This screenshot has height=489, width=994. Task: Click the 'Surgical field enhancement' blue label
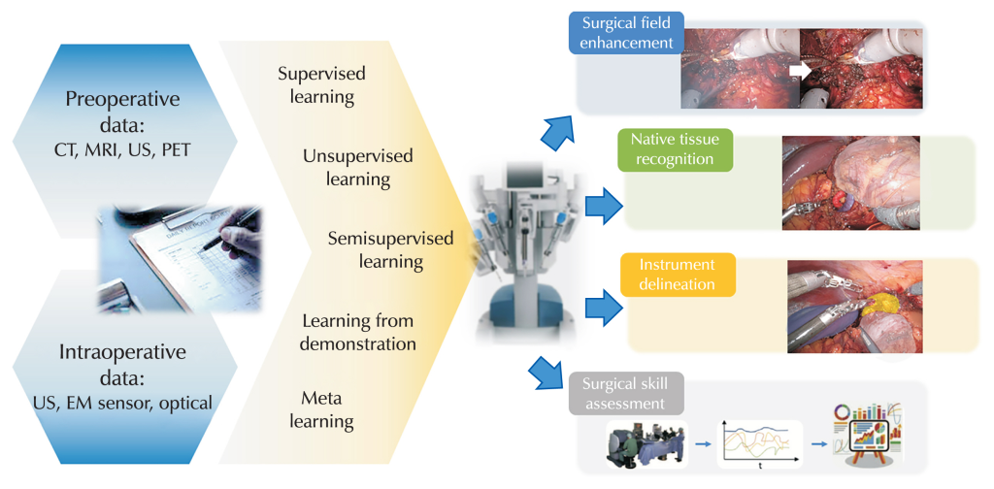click(x=626, y=32)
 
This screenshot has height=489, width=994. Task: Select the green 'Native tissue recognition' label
click(x=673, y=148)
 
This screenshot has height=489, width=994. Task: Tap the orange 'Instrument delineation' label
click(x=677, y=275)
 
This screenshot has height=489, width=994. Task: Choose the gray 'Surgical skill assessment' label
click(x=626, y=394)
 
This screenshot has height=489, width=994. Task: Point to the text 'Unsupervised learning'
click(x=357, y=168)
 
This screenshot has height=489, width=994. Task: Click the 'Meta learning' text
click(x=326, y=409)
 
